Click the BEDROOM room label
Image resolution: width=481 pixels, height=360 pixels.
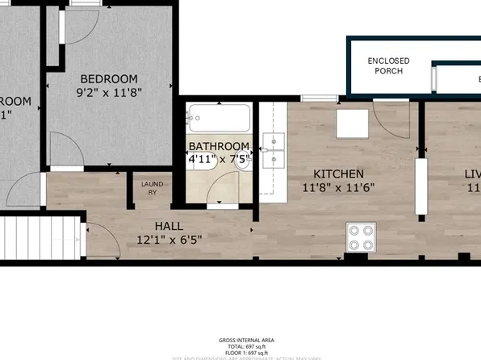coord(109,78)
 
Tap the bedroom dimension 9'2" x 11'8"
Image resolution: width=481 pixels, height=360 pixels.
coord(109,92)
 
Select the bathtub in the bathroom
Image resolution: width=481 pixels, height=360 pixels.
coord(218,120)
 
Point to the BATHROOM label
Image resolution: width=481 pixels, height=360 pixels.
coord(219,147)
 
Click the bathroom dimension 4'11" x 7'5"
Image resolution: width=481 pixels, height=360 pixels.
coord(219,160)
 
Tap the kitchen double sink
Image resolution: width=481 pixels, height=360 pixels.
coord(274,149)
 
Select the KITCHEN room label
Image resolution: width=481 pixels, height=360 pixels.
coord(338,174)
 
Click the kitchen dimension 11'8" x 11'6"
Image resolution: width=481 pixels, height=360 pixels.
coord(338,188)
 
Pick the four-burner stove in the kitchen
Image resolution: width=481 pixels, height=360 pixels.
coord(361,237)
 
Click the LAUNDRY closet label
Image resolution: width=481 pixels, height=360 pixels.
coord(152,189)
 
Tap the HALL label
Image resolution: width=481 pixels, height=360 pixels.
coord(169,226)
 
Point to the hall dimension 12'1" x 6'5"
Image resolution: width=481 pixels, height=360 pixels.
coord(169,240)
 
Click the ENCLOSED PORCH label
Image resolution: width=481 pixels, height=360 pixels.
coord(388,66)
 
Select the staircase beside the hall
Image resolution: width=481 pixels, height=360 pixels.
coord(40,238)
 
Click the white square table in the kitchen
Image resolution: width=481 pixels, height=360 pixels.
coord(353,122)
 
